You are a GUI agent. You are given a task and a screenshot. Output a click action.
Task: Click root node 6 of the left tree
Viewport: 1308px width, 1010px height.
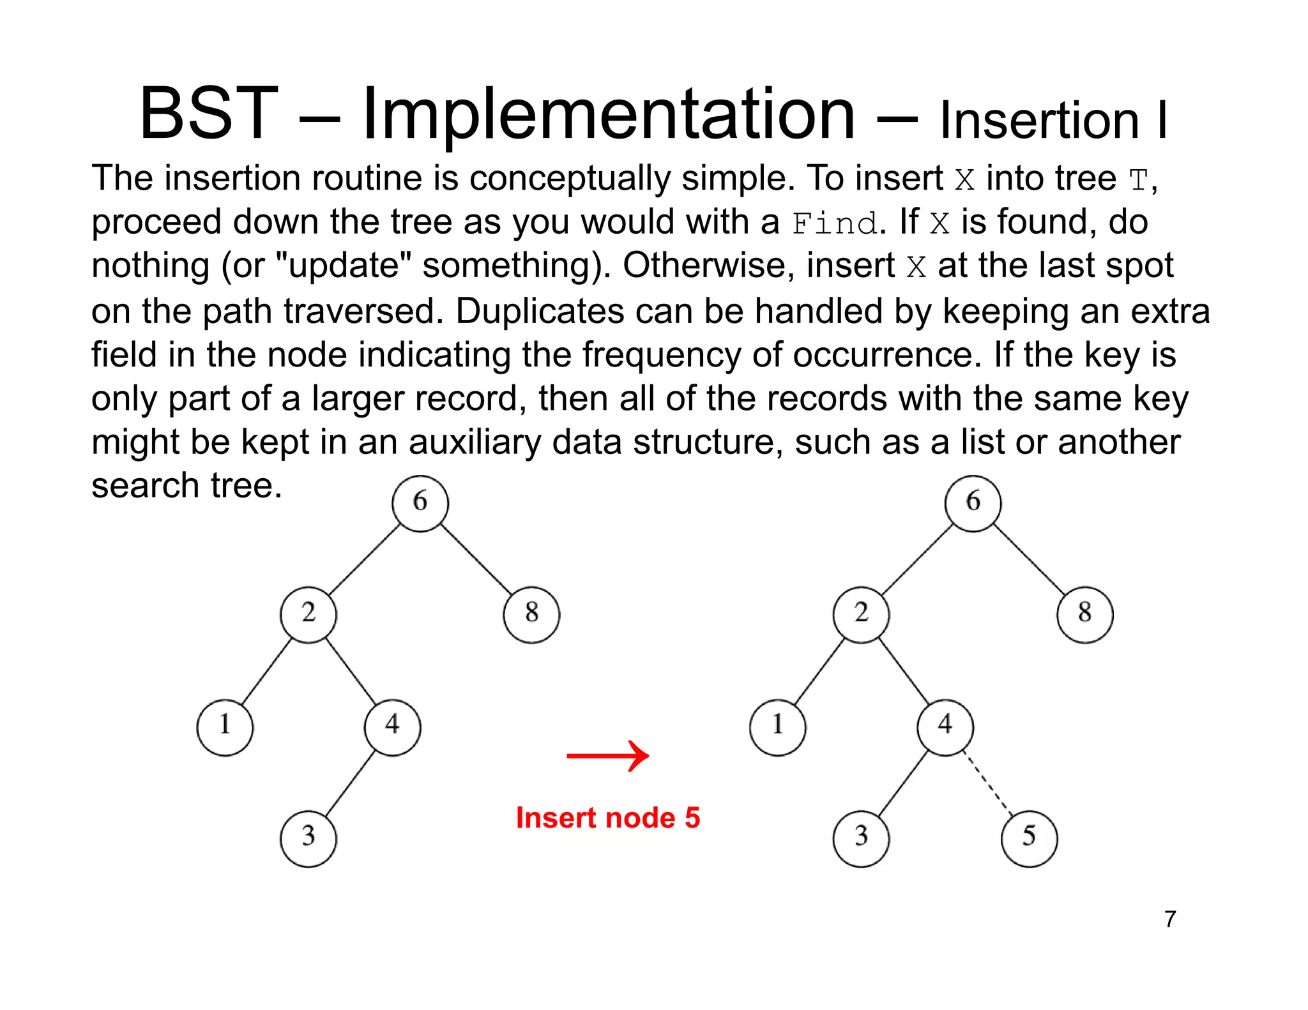click(x=420, y=503)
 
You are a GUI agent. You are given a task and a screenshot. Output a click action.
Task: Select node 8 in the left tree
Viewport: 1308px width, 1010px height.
click(x=531, y=614)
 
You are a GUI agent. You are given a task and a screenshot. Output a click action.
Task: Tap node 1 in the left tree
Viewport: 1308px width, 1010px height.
click(x=225, y=727)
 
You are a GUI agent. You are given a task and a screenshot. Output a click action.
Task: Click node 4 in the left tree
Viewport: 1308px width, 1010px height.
click(x=392, y=727)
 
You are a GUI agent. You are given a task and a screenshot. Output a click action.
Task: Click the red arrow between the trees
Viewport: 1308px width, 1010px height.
click(x=607, y=756)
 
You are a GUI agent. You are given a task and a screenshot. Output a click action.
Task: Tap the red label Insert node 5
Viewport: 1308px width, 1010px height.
click(x=607, y=818)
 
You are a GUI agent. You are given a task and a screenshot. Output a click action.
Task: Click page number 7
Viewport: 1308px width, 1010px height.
click(x=1170, y=919)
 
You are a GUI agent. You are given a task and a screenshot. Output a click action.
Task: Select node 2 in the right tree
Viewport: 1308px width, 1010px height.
click(x=861, y=614)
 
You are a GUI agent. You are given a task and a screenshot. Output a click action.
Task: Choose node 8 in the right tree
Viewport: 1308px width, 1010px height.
click(x=1084, y=614)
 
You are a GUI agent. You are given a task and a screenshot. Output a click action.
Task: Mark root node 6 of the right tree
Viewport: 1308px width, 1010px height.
click(x=973, y=503)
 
